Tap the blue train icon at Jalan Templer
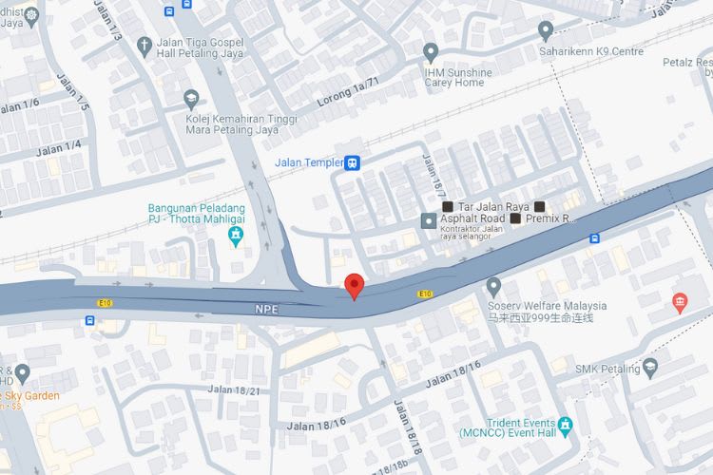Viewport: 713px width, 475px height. (353, 162)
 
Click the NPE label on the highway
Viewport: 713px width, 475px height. (265, 309)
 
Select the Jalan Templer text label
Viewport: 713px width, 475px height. (308, 162)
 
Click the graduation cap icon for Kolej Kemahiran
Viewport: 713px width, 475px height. (191, 98)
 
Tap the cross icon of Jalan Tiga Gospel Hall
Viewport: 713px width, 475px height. (145, 45)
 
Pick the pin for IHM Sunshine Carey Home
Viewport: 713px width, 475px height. (431, 51)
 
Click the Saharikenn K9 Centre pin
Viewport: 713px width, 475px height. (545, 29)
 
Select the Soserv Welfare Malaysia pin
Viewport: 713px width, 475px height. (492, 285)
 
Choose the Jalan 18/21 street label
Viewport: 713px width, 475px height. (234, 389)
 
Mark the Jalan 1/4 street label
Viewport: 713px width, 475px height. (58, 146)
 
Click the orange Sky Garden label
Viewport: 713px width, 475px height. (30, 395)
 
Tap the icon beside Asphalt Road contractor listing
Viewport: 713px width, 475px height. (429, 220)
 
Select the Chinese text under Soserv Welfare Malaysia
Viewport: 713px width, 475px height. (540, 318)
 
